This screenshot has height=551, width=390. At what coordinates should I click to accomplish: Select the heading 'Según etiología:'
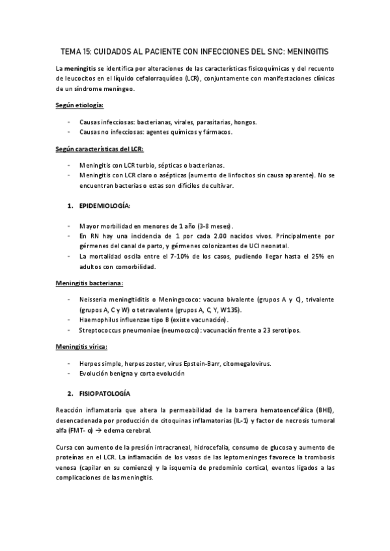(x=80, y=105)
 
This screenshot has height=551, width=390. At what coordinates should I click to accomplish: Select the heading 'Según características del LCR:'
(x=94, y=149)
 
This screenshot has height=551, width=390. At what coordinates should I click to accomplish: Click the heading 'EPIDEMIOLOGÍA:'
(x=105, y=206)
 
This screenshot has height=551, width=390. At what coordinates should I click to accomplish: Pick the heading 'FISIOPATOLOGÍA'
(x=105, y=394)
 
